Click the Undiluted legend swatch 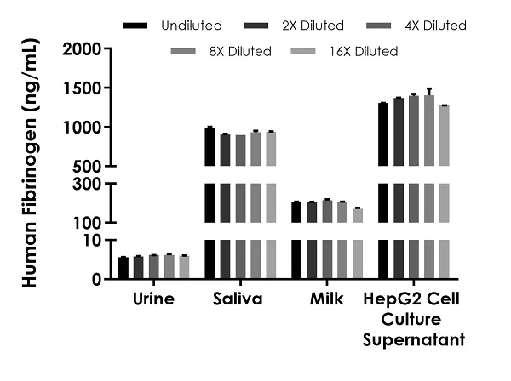135,26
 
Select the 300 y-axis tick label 88,184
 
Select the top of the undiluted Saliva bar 210,128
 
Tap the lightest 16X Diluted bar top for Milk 358,208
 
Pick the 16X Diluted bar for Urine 184,267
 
